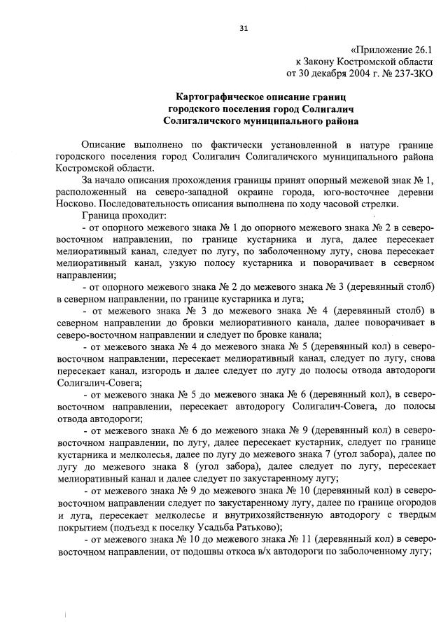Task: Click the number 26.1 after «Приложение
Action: [421, 50]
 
